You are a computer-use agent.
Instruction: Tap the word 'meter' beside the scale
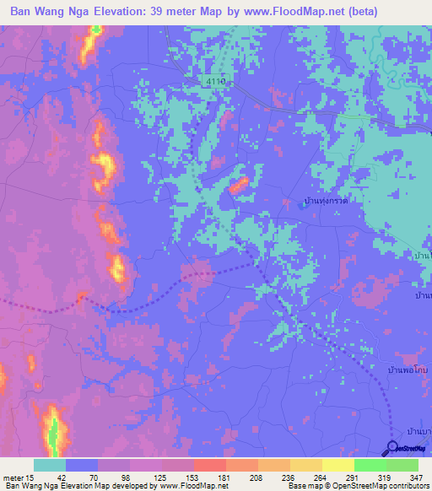click(x=13, y=478)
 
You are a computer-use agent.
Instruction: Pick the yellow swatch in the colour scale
click(x=337, y=465)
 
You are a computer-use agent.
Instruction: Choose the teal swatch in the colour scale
click(x=49, y=465)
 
